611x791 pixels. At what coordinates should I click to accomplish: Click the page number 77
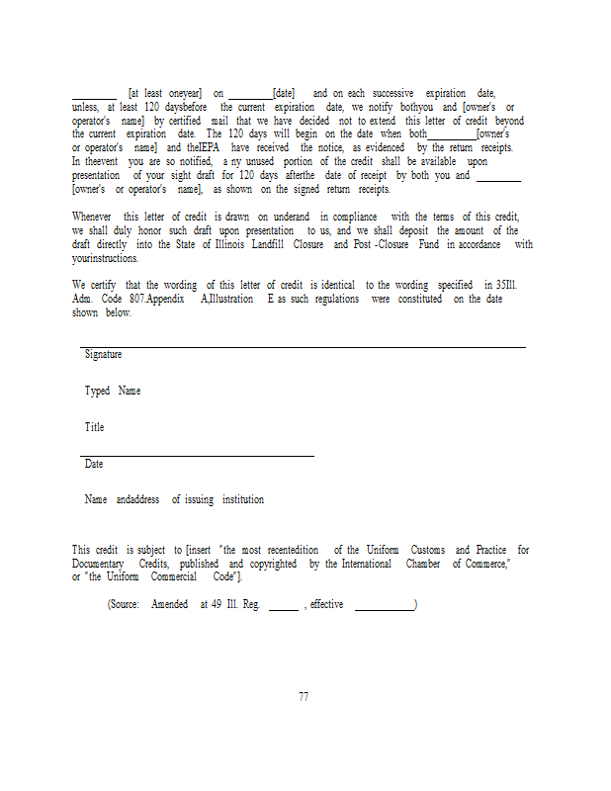[304, 696]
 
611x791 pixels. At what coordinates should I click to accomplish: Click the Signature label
[103, 354]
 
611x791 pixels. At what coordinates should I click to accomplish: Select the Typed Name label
[113, 391]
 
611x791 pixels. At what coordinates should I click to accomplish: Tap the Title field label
[94, 427]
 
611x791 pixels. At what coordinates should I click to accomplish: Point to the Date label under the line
[94, 464]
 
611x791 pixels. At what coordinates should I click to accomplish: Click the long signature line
[303, 346]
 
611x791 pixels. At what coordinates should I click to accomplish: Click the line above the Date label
[198, 456]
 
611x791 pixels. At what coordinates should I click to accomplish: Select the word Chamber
[423, 564]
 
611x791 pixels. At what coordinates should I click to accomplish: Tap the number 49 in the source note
[216, 604]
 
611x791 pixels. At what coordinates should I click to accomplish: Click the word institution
[242, 500]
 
